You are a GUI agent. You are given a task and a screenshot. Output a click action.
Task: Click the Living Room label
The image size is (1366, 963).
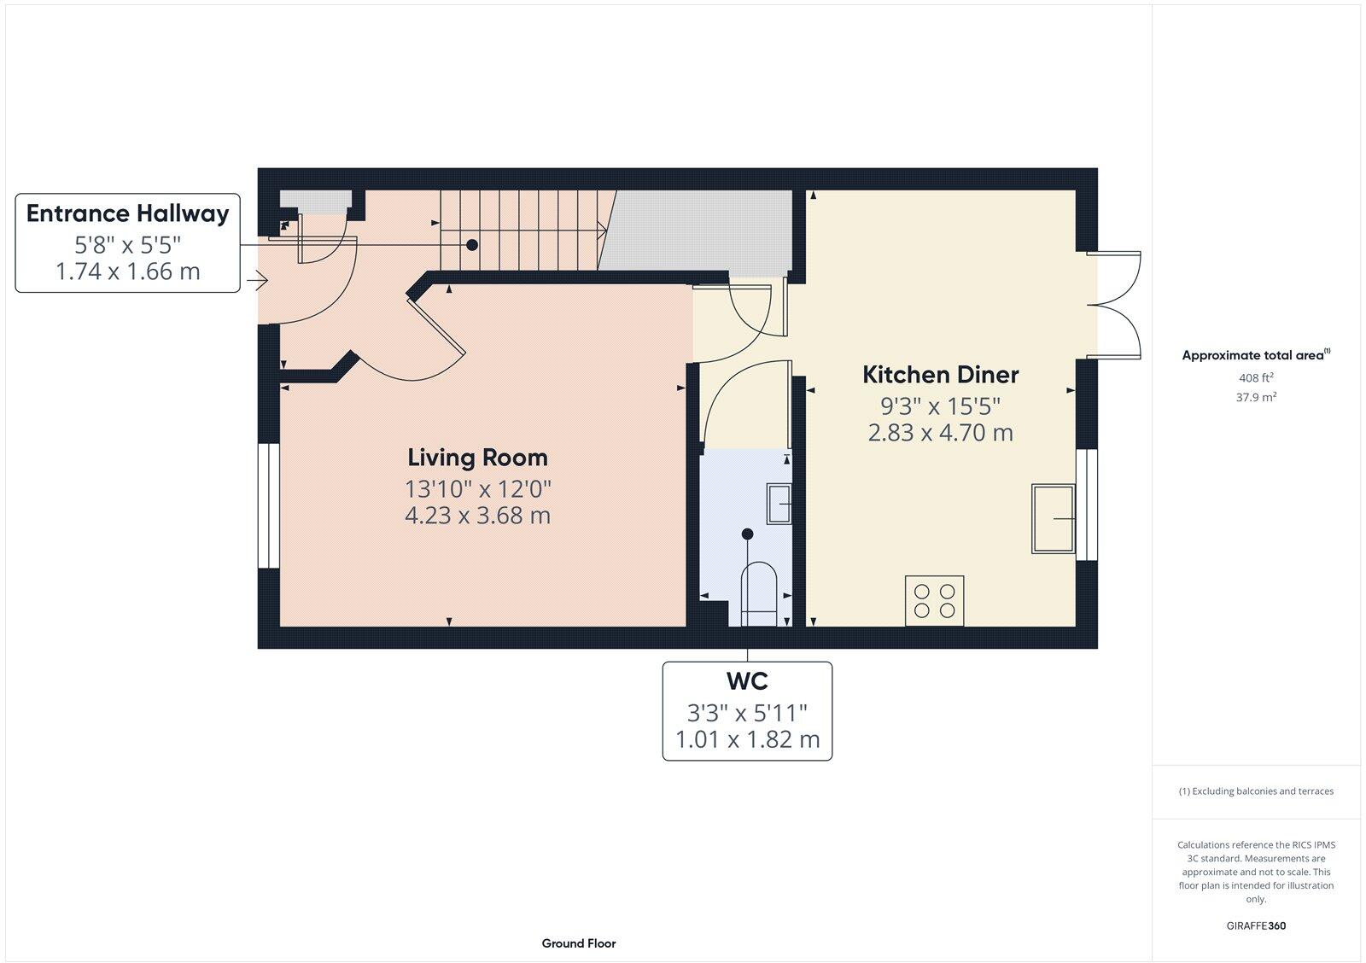pyautogui.click(x=477, y=458)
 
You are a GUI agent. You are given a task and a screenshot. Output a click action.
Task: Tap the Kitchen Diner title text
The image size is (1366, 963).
pyautogui.click(x=940, y=375)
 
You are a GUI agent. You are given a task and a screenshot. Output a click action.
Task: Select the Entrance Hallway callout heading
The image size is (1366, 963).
pyautogui.click(x=127, y=213)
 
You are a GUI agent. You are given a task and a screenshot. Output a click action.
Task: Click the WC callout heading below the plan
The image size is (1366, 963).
pyautogui.click(x=747, y=681)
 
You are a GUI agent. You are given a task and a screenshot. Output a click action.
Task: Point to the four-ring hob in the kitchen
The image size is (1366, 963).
pyautogui.click(x=935, y=601)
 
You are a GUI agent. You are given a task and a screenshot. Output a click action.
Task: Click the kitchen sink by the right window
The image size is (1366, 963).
pyautogui.click(x=1054, y=518)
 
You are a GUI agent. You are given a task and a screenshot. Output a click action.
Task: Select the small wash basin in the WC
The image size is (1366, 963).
pyautogui.click(x=780, y=503)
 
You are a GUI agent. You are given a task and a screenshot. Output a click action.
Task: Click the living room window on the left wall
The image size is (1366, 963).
pyautogui.click(x=269, y=505)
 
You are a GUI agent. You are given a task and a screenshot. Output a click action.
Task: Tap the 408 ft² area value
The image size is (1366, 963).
pyautogui.click(x=1256, y=377)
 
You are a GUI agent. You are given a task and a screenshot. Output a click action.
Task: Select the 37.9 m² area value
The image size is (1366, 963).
pyautogui.click(x=1256, y=397)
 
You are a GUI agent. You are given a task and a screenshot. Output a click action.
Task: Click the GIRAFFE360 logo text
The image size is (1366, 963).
pyautogui.click(x=1256, y=925)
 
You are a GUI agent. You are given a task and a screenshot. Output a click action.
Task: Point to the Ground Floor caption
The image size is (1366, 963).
pyautogui.click(x=578, y=943)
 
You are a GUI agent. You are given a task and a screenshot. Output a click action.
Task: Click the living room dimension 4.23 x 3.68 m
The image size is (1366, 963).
pyautogui.click(x=477, y=516)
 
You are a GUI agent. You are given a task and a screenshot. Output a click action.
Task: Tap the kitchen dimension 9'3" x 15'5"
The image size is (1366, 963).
pyautogui.click(x=940, y=406)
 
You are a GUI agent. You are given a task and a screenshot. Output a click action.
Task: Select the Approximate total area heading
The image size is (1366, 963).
pyautogui.click(x=1253, y=355)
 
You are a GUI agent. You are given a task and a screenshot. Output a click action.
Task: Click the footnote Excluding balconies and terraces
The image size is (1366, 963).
pyautogui.click(x=1256, y=791)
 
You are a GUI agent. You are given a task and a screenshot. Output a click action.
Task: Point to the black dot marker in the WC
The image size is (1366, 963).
pyautogui.click(x=748, y=534)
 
